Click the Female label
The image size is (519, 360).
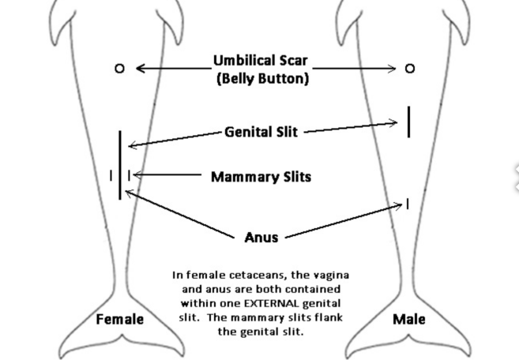[120, 320]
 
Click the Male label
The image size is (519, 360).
[408, 319]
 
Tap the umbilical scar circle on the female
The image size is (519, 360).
[120, 69]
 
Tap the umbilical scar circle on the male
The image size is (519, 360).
[409, 69]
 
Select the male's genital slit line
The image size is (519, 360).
[408, 121]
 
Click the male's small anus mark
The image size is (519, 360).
[408, 204]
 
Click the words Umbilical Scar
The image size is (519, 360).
[260, 61]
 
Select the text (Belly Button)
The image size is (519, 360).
[261, 79]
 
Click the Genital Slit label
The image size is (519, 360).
[261, 132]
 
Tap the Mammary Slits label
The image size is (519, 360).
[261, 177]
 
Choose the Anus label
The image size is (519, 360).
[261, 237]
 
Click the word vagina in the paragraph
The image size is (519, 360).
[330, 275]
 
